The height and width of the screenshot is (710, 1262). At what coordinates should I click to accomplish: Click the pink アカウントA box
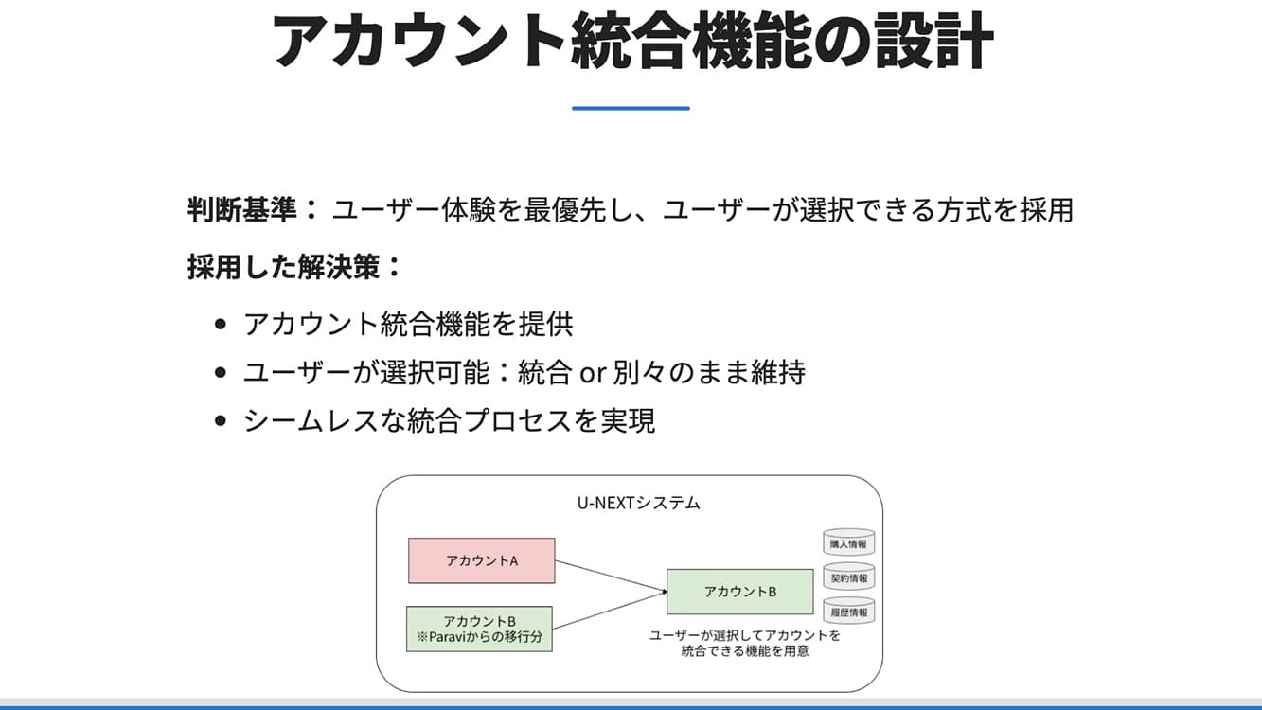tap(481, 560)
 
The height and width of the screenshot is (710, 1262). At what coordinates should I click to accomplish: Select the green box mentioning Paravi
tap(479, 630)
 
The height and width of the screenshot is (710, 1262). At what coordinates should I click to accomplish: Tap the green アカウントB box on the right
tap(739, 592)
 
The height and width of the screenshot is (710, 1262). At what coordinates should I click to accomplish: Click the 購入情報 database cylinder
tap(848, 543)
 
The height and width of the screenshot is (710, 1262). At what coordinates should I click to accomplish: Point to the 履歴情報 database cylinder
tap(848, 612)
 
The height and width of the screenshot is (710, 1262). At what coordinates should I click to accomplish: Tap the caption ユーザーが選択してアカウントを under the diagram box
tap(744, 635)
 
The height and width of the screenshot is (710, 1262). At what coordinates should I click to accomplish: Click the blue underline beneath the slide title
tap(631, 109)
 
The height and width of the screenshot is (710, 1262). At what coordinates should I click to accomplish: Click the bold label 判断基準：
tap(254, 209)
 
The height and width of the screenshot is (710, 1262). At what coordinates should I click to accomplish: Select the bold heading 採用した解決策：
tap(294, 267)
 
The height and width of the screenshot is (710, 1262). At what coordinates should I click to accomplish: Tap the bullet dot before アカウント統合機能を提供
tap(221, 325)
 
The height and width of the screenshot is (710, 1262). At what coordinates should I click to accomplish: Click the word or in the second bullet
tap(592, 373)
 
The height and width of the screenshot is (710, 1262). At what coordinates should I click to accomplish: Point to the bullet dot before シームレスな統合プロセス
tap(221, 421)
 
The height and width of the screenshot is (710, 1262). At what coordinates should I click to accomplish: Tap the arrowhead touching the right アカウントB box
tap(663, 592)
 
